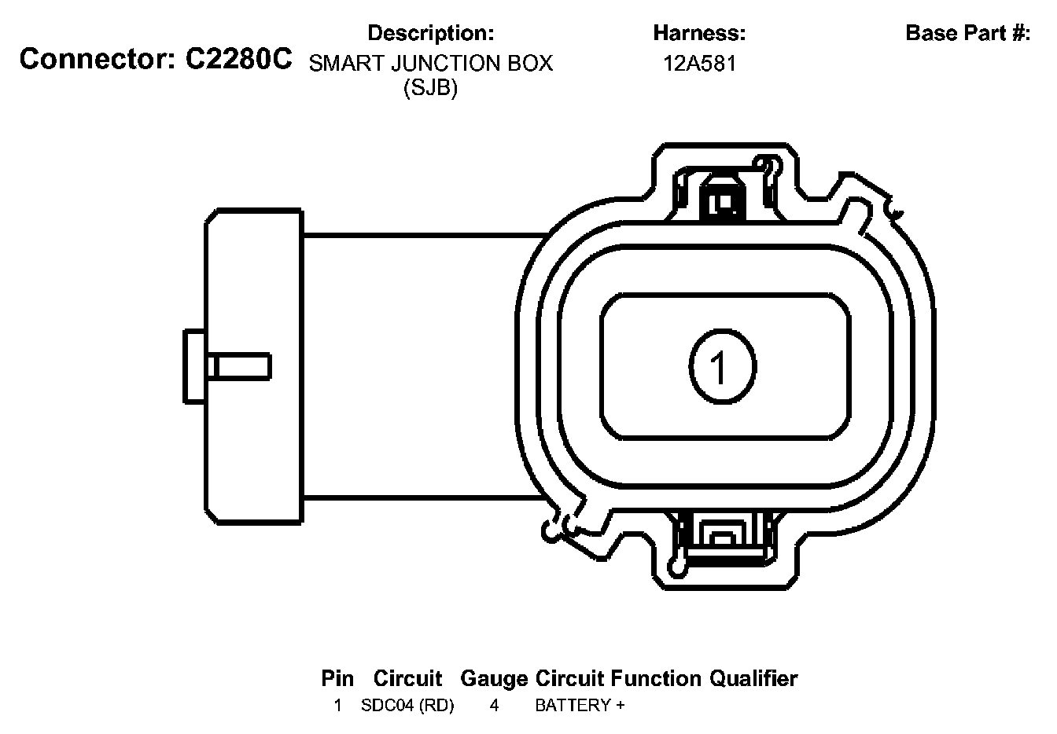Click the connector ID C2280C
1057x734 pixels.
point(239,60)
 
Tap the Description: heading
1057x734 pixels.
point(430,33)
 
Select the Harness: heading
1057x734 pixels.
point(699,33)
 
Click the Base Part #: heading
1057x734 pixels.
point(968,33)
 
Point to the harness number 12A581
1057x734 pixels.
point(699,64)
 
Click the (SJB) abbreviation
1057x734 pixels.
point(430,88)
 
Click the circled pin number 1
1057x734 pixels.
point(723,366)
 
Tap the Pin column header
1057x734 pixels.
point(337,679)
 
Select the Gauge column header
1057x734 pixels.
point(494,679)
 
